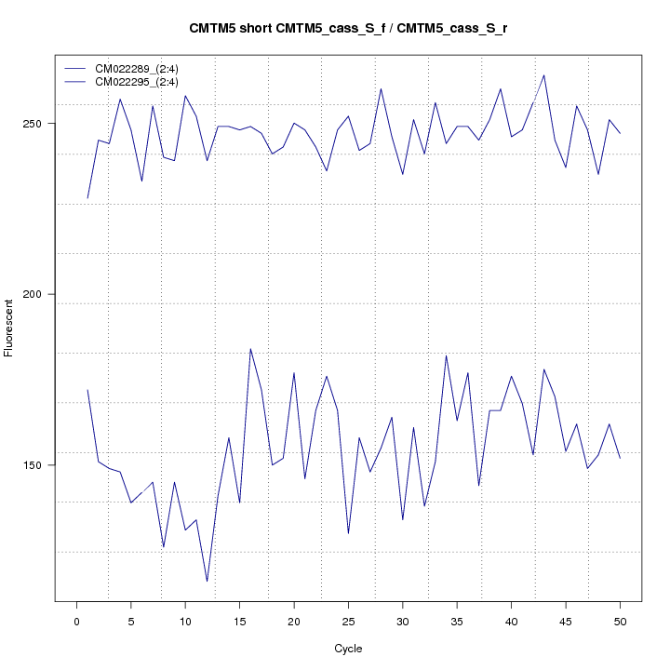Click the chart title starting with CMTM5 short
[x=348, y=29]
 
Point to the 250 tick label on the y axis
[x=39, y=124]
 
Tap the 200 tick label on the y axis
[x=39, y=294]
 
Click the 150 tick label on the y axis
[x=39, y=465]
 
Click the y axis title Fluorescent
[x=10, y=328]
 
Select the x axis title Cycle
[x=348, y=649]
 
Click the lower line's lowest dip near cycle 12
[x=207, y=582]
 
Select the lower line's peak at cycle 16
[x=250, y=349]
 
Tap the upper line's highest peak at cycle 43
[x=544, y=75]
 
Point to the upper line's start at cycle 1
[x=87, y=198]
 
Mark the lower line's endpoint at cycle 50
[x=620, y=458]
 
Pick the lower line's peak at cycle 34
[x=447, y=355]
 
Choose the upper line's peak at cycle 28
[x=381, y=88]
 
